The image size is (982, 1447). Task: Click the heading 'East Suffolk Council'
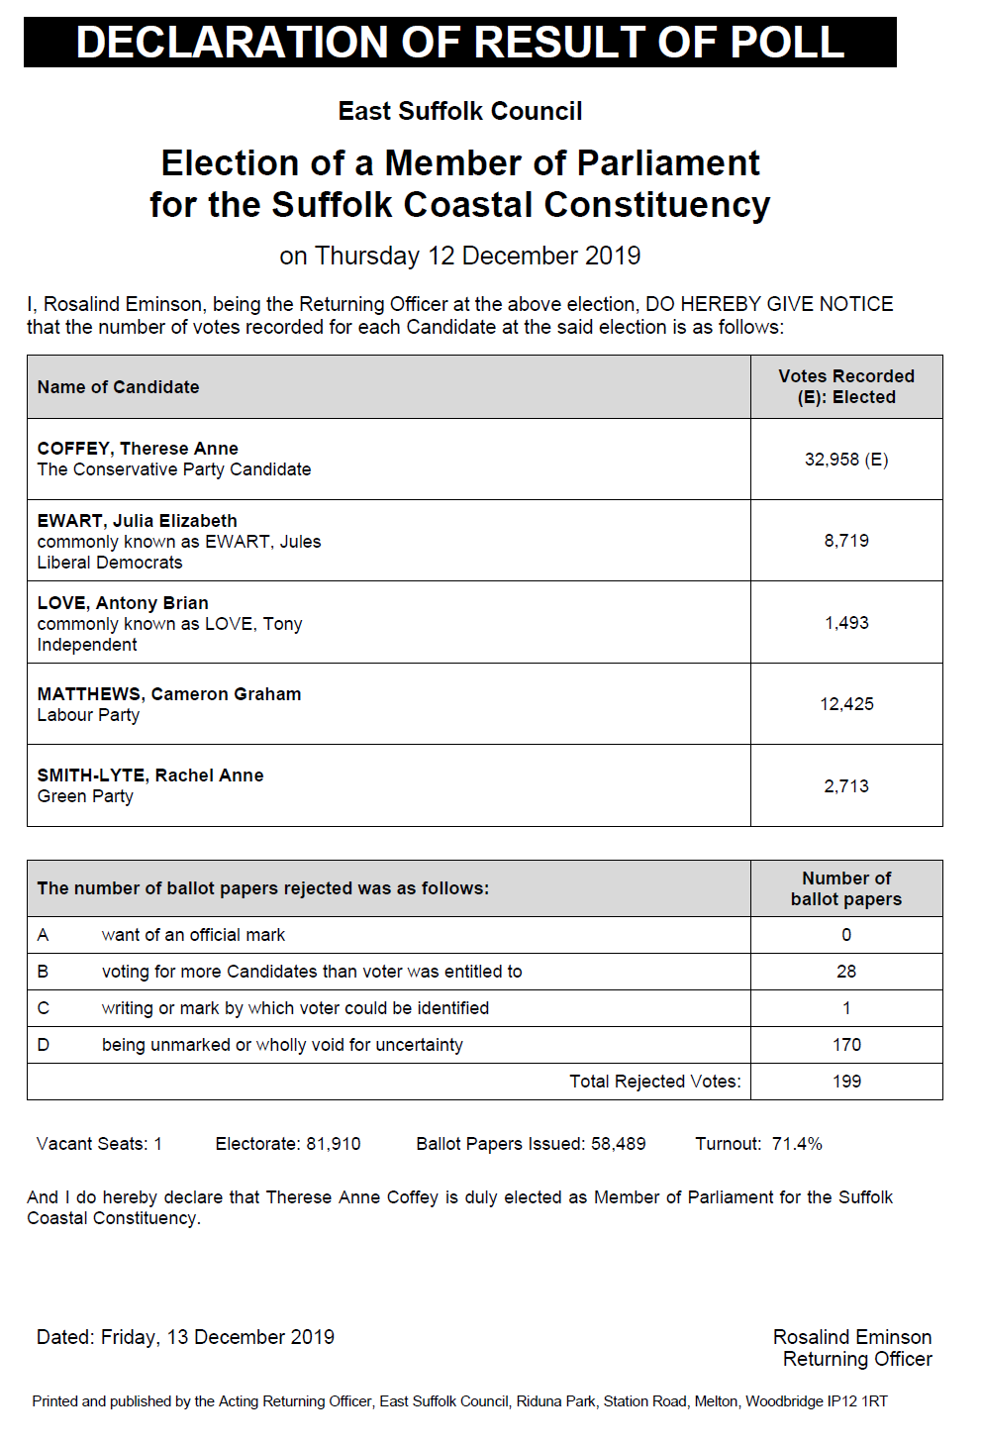[x=459, y=111]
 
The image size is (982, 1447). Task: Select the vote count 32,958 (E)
[x=845, y=460]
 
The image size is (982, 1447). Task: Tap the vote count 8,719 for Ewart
[x=845, y=541]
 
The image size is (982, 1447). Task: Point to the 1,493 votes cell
[x=845, y=623]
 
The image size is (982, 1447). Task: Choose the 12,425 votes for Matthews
[x=845, y=704]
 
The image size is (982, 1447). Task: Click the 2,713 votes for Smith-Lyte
[x=845, y=786]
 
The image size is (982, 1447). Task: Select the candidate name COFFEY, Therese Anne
[x=138, y=449]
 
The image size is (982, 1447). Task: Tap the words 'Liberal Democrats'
[x=110, y=563]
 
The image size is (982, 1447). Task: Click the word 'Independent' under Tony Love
[x=87, y=645]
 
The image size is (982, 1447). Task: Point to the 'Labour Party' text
[x=88, y=715]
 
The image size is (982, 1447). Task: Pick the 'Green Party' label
[x=85, y=796]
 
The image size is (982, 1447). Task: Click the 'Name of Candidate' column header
[x=118, y=387]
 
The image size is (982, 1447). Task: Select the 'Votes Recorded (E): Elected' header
[x=845, y=386]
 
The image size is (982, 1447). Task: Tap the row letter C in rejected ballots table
[x=43, y=1008]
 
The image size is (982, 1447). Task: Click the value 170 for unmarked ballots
[x=845, y=1045]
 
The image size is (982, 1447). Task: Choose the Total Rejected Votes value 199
[x=845, y=1082]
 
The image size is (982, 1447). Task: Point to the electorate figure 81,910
[x=333, y=1144]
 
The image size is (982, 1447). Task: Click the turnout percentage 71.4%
[x=797, y=1144]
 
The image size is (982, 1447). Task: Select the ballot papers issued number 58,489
[x=618, y=1144]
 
